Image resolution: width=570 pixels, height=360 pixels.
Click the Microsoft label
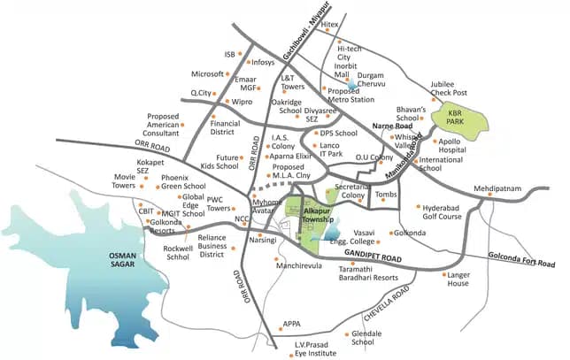point(209,73)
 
